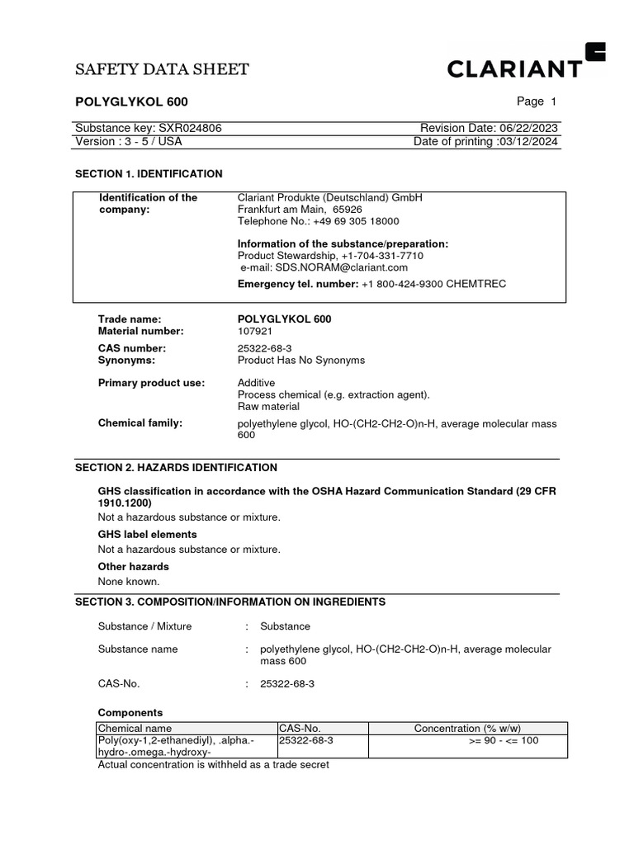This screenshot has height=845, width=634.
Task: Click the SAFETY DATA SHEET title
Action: pyautogui.click(x=162, y=69)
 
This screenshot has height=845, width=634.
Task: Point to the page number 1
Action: pyautogui.click(x=553, y=101)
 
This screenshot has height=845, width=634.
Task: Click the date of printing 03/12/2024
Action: pyautogui.click(x=528, y=141)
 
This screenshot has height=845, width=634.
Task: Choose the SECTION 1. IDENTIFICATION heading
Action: pyautogui.click(x=149, y=174)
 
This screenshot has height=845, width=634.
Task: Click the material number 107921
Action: pyautogui.click(x=255, y=331)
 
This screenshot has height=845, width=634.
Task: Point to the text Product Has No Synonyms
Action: pyautogui.click(x=300, y=361)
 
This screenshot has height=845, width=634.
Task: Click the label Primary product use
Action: pyautogui.click(x=151, y=383)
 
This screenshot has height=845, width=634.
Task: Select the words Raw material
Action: pyautogui.click(x=268, y=407)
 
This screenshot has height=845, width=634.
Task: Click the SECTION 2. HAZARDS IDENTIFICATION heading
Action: pyautogui.click(x=176, y=468)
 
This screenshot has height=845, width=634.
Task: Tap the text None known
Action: pyautogui.click(x=129, y=582)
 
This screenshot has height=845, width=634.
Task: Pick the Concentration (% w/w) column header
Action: pyautogui.click(x=467, y=728)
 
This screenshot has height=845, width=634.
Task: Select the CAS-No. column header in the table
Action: pyautogui.click(x=300, y=728)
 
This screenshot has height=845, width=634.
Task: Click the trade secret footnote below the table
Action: pyautogui.click(x=213, y=765)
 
